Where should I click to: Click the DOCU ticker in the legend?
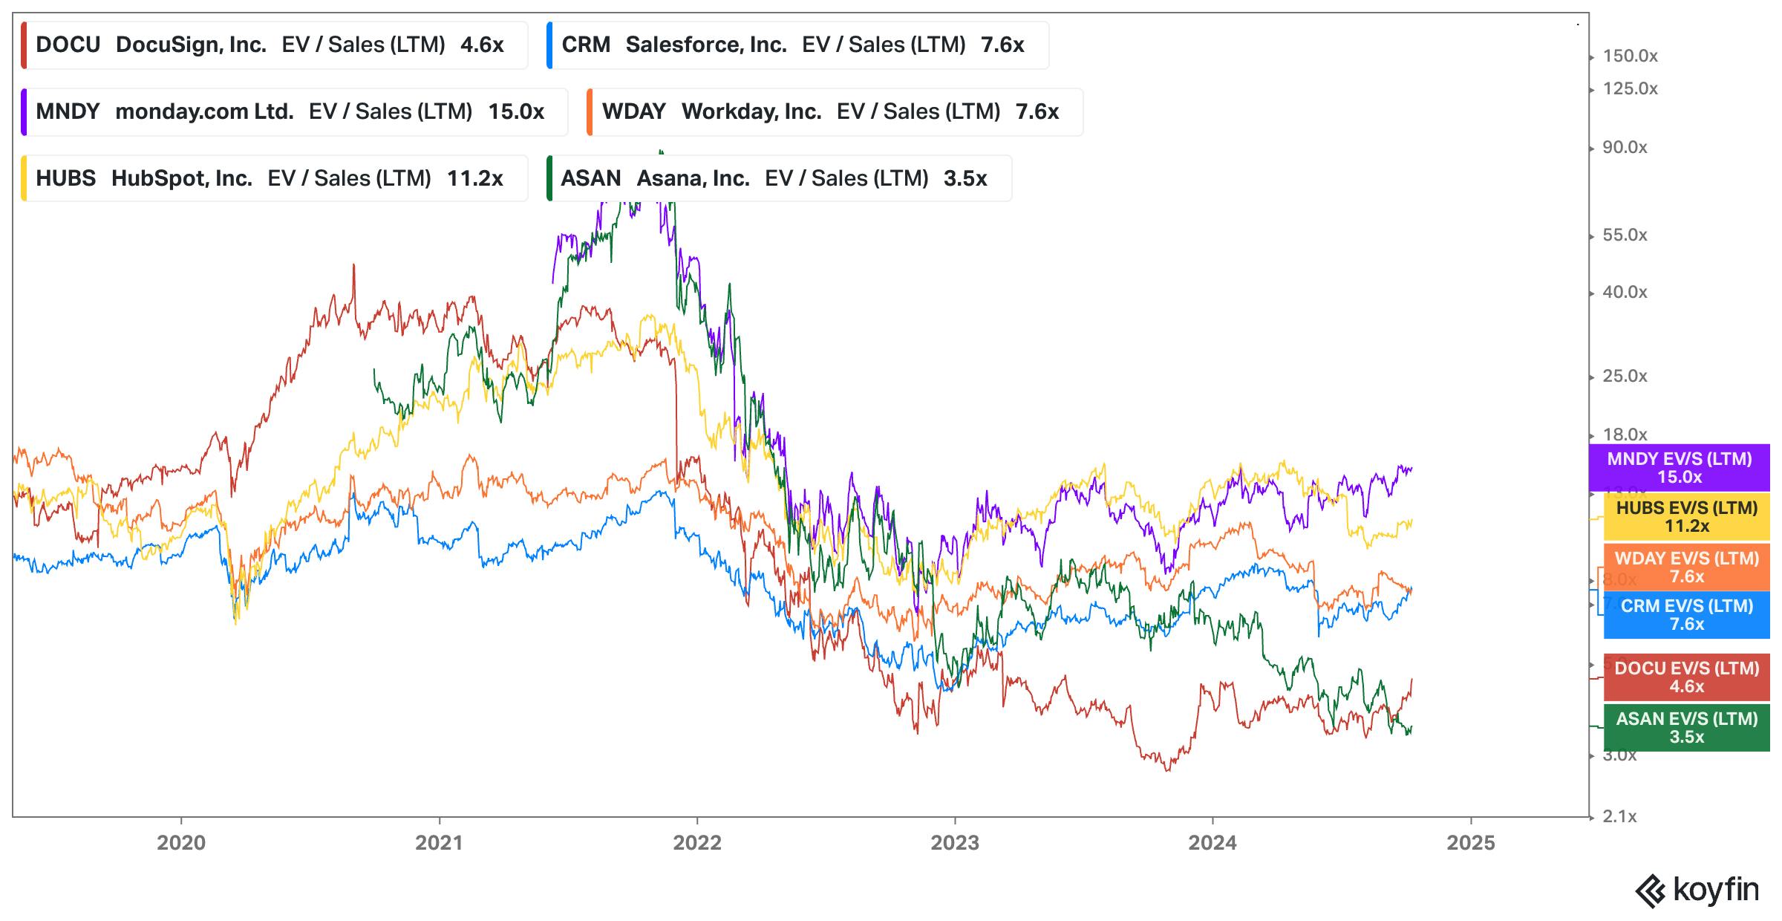click(x=68, y=45)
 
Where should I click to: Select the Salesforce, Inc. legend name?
click(x=705, y=45)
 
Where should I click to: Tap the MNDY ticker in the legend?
click(x=68, y=112)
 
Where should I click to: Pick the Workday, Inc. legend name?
click(x=751, y=112)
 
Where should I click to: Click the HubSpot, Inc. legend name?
click(x=181, y=179)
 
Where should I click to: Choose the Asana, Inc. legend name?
click(x=692, y=179)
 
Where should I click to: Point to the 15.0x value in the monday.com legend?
click(x=516, y=112)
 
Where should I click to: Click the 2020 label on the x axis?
click(x=181, y=843)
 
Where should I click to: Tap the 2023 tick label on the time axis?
click(x=955, y=843)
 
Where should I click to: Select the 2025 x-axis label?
click(x=1470, y=843)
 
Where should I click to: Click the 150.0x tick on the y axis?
click(x=1630, y=56)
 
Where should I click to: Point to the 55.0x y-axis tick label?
click(x=1625, y=235)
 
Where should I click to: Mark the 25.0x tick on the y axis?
click(x=1625, y=377)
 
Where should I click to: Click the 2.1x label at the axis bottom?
click(x=1619, y=817)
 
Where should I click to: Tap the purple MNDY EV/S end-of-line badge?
click(x=1679, y=468)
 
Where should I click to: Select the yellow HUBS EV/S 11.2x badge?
click(x=1686, y=517)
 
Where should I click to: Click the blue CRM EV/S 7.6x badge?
click(x=1686, y=615)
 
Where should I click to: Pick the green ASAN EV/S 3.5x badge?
click(x=1686, y=728)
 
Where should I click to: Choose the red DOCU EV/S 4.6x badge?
click(x=1686, y=677)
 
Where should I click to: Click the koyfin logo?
click(x=1697, y=890)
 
